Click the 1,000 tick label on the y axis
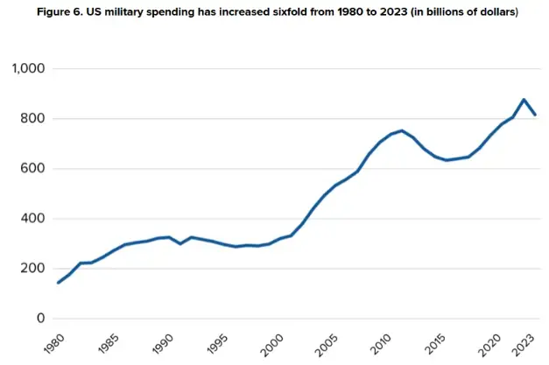point(29,69)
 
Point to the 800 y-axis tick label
point(34,119)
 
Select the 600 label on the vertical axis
point(34,169)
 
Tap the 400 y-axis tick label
point(34,219)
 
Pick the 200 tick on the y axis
point(34,269)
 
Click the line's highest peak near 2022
point(524,100)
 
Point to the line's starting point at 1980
point(59,282)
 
